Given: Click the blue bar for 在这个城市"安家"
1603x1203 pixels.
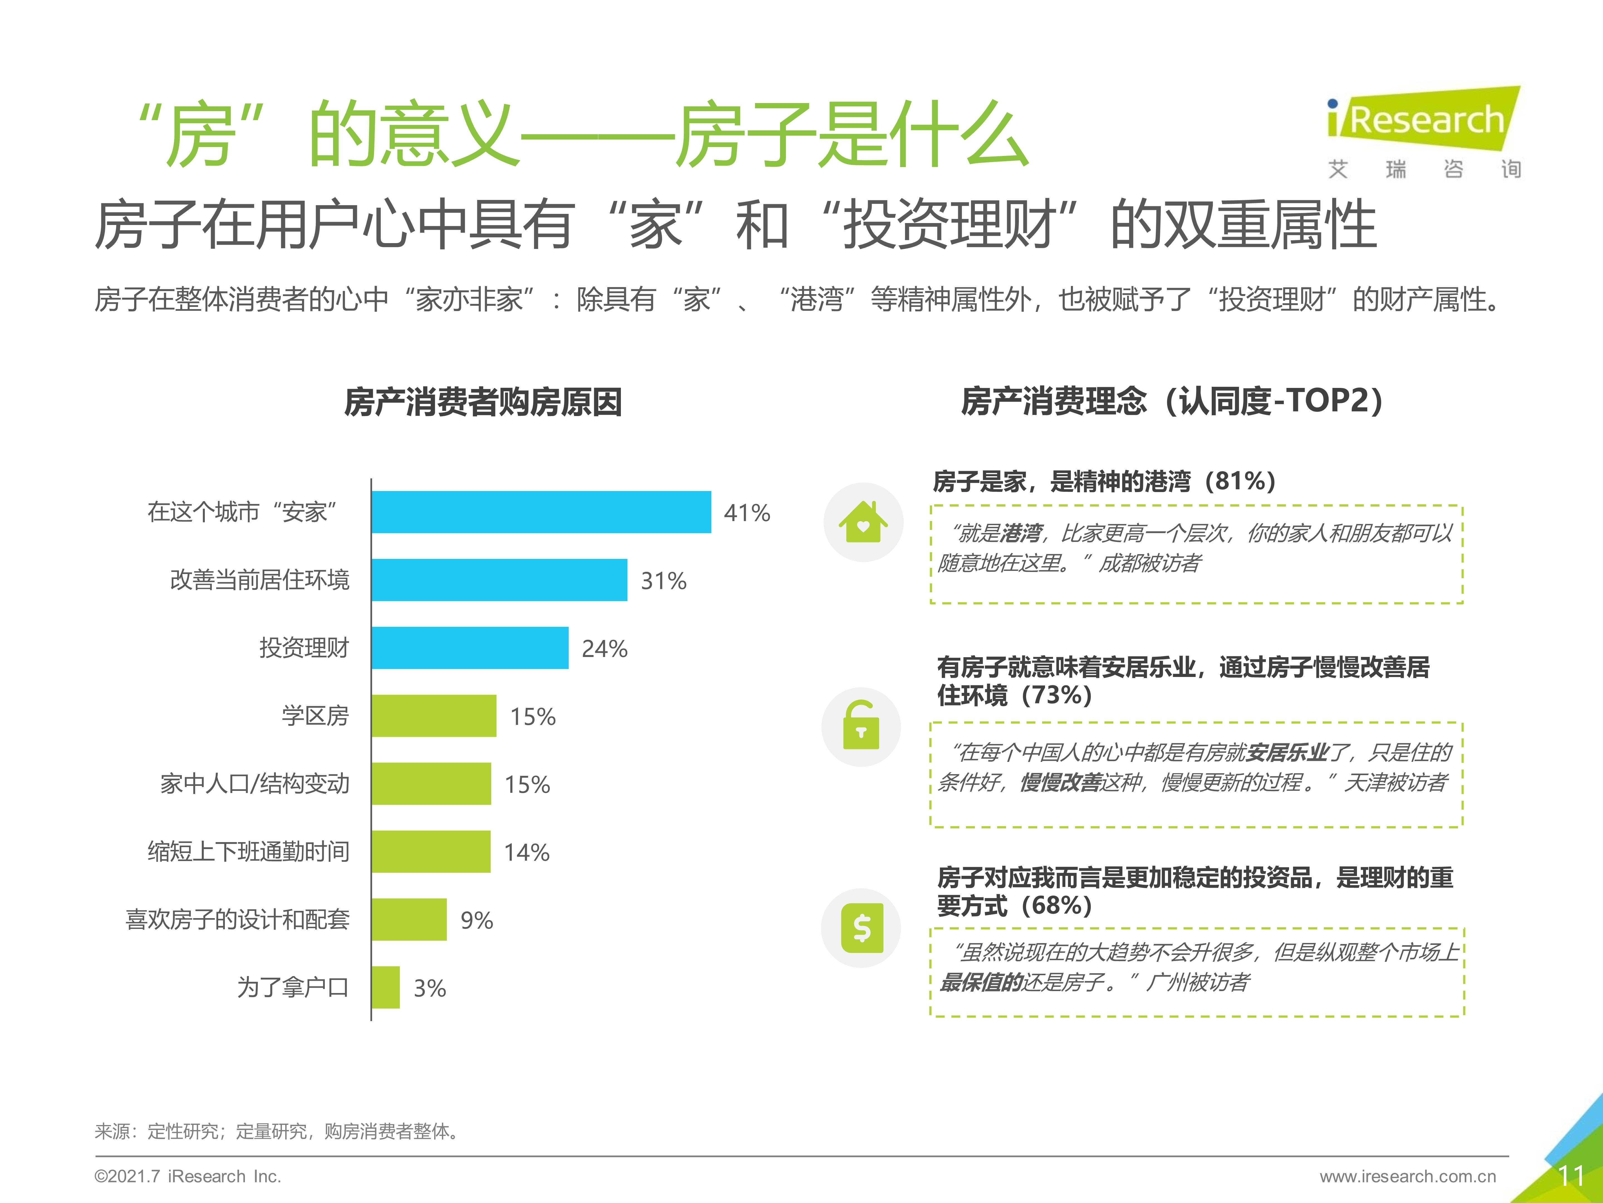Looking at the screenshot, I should [541, 512].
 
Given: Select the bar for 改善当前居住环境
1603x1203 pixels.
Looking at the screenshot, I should [499, 580].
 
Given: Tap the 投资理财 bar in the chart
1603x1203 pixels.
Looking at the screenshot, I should [469, 647].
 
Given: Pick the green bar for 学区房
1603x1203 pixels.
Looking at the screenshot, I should [433, 716].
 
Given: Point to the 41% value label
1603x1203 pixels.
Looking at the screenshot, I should [746, 513].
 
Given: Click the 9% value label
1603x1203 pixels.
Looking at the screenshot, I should [476, 920].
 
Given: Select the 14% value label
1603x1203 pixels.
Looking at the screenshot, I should [526, 852].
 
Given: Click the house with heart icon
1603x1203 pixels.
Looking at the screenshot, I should [862, 522].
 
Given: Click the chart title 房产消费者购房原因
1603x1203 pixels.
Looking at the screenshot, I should [483, 402].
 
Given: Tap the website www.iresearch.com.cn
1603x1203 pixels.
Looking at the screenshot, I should [1407, 1176].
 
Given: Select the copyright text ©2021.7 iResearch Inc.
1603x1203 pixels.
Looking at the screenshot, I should [188, 1176].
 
